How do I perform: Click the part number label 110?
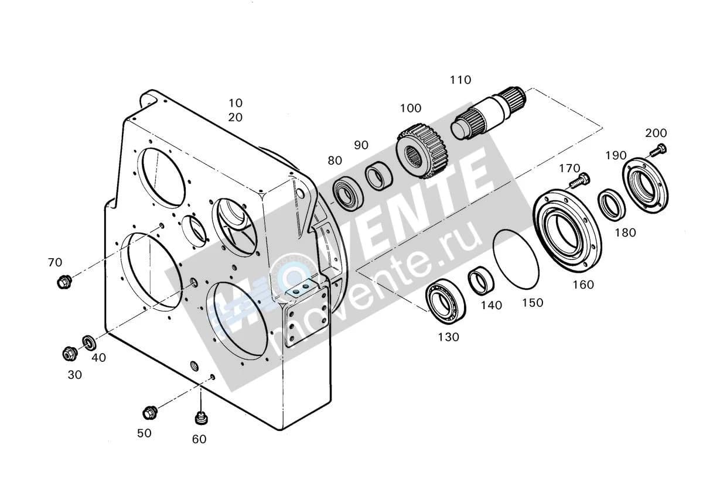(460, 80)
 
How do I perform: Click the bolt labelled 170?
(579, 181)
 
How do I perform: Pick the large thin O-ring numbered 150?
(516, 259)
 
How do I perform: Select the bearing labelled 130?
(446, 300)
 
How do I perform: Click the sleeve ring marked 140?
(481, 280)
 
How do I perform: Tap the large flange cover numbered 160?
(568, 234)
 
